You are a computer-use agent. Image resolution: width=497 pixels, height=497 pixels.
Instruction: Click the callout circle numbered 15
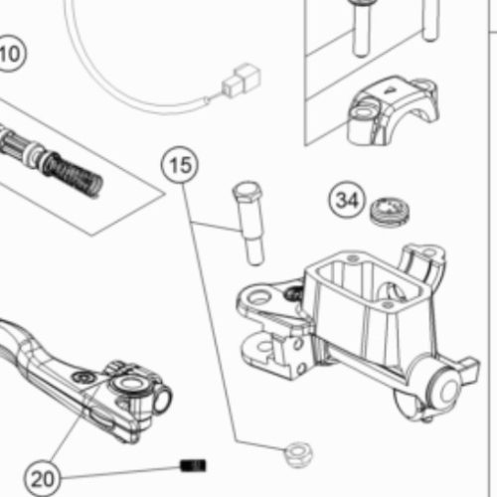(x=180, y=165)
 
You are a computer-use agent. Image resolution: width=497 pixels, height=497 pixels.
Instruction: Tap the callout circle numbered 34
(x=347, y=200)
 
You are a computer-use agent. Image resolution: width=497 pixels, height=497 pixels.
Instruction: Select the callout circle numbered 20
(x=43, y=478)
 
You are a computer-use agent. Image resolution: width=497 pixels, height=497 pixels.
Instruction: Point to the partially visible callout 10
(x=11, y=54)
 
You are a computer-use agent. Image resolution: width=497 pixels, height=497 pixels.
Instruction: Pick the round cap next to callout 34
(x=390, y=212)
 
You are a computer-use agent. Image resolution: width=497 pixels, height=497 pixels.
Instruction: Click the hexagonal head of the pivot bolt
(x=248, y=191)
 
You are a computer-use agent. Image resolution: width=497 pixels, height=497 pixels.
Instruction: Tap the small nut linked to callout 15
(x=299, y=454)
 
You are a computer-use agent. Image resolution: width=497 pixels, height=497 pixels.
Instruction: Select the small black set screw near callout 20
(x=193, y=465)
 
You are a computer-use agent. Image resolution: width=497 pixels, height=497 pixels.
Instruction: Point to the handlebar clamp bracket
(x=393, y=111)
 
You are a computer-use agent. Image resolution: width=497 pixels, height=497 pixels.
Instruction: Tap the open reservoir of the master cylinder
(x=365, y=281)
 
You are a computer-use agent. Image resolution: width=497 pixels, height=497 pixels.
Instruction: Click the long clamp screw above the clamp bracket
(x=360, y=28)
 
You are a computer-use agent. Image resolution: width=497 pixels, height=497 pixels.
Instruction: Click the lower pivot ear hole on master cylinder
(x=264, y=346)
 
